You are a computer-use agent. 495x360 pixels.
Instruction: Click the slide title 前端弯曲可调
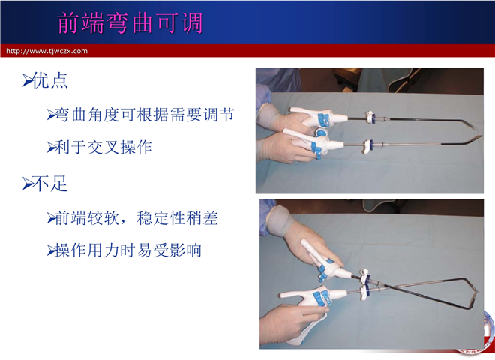coord(130,23)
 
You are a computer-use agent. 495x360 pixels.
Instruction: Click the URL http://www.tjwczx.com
coord(46,51)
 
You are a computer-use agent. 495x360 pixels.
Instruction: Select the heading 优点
coord(50,80)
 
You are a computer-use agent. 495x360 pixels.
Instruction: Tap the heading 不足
coord(50,184)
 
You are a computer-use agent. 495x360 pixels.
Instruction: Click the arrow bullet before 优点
coord(28,80)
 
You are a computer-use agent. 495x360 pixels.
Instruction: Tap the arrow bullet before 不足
coord(28,184)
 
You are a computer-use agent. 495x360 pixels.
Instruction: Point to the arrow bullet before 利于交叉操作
coord(51,148)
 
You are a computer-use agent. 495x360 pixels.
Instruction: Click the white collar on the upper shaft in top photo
coord(368,117)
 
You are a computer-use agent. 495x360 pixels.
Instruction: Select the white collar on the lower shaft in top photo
coord(367,146)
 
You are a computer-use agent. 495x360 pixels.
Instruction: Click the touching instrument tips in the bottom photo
coord(475,292)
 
